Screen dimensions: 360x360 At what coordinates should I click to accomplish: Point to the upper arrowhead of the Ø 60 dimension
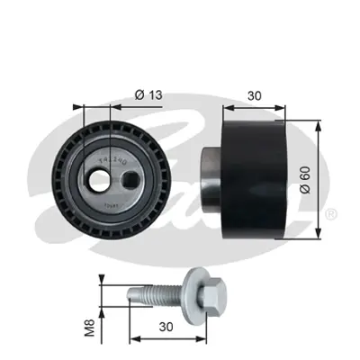tap(320, 122)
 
